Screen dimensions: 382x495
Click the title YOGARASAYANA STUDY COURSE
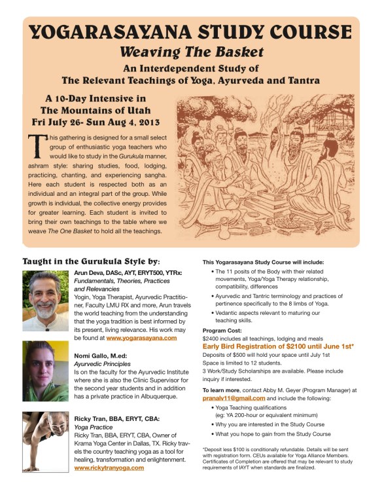pyautogui.click(x=191, y=32)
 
